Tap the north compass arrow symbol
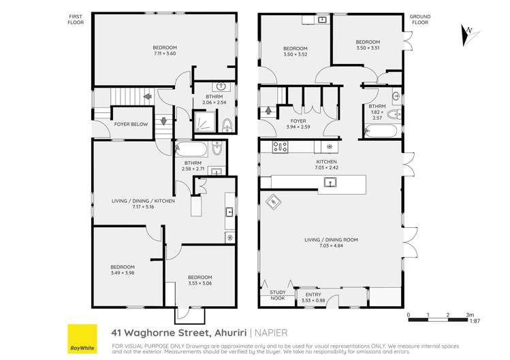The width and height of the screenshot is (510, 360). [468, 31]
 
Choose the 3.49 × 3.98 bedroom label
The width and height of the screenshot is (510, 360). [123, 270]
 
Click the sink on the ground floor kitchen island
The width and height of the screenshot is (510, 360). [330, 182]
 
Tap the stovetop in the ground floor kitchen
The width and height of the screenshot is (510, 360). [281, 146]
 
